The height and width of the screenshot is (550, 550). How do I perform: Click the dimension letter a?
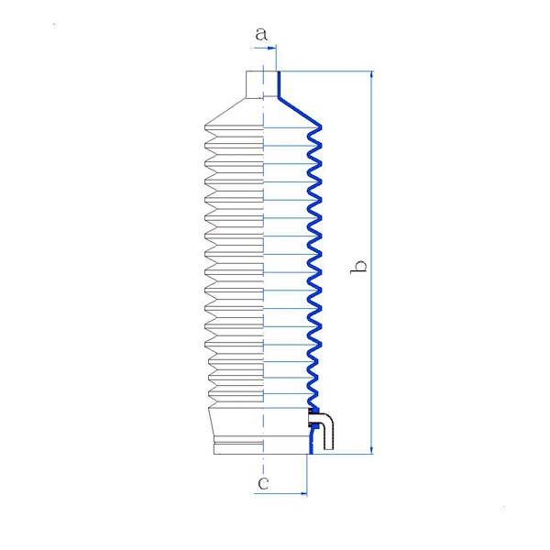261,35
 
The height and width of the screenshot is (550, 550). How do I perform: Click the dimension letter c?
263,483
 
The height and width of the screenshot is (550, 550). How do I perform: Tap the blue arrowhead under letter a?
272,48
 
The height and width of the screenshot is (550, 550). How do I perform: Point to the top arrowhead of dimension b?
371,75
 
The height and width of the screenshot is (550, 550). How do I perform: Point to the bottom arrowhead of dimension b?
371,450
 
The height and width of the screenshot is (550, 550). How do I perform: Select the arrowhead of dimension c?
303,494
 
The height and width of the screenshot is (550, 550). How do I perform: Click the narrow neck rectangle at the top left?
255,83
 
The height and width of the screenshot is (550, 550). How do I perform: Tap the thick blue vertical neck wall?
279,84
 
